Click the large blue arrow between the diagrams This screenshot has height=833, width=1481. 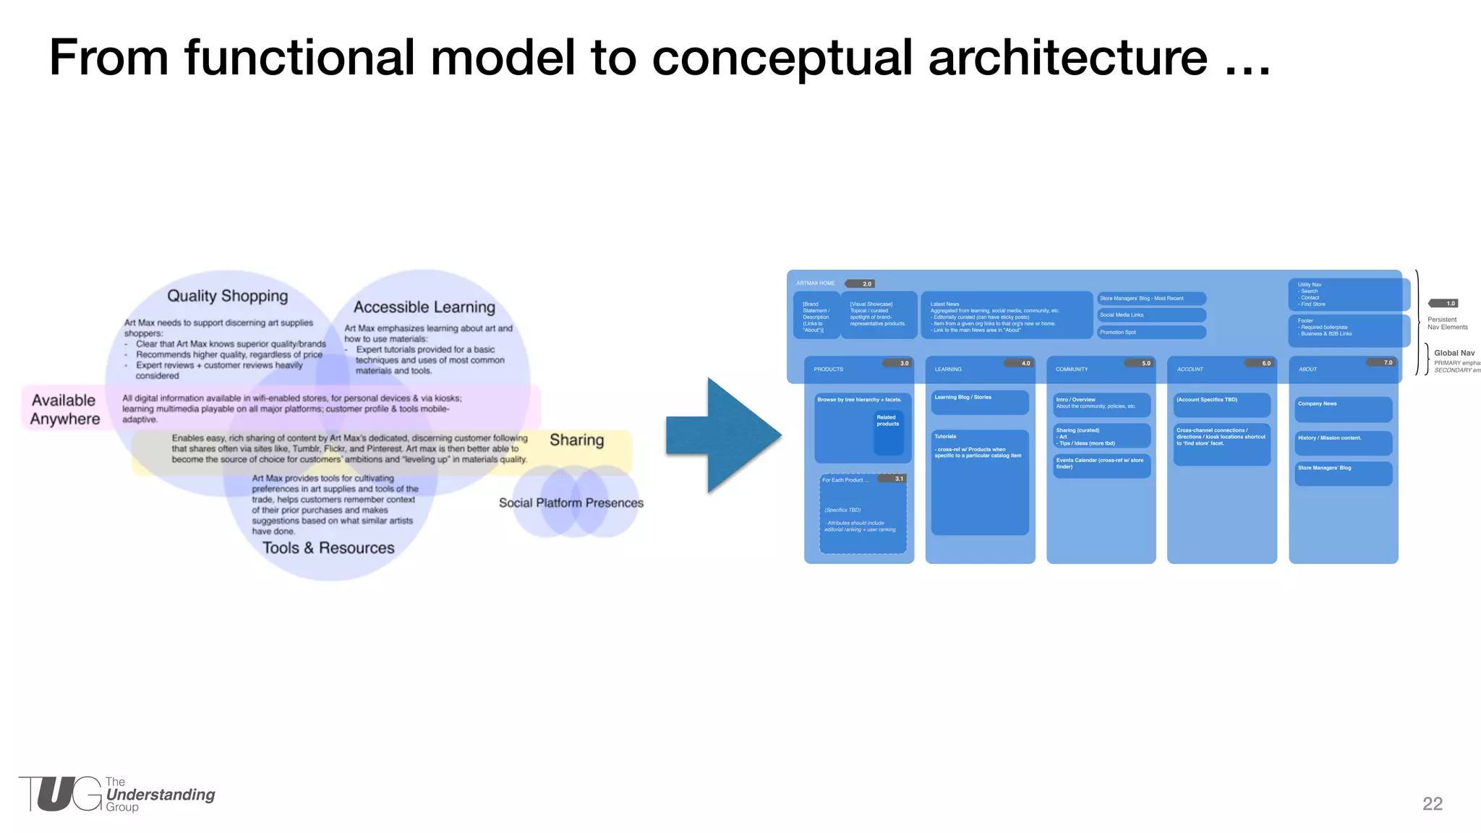click(x=723, y=435)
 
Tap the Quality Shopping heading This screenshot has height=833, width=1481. click(x=227, y=296)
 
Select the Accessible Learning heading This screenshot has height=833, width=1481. click(x=424, y=307)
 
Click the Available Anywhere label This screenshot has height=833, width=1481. click(x=64, y=409)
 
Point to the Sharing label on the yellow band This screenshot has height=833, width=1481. click(x=576, y=440)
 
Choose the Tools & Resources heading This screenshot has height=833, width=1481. click(x=328, y=548)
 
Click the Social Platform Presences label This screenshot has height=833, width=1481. click(x=571, y=503)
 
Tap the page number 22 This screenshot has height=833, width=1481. click(x=1432, y=803)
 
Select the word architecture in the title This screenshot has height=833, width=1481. click(x=1067, y=57)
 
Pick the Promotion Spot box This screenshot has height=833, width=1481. click(x=1151, y=332)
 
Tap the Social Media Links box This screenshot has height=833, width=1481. click(x=1151, y=315)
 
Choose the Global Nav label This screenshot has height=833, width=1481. click(x=1454, y=353)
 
